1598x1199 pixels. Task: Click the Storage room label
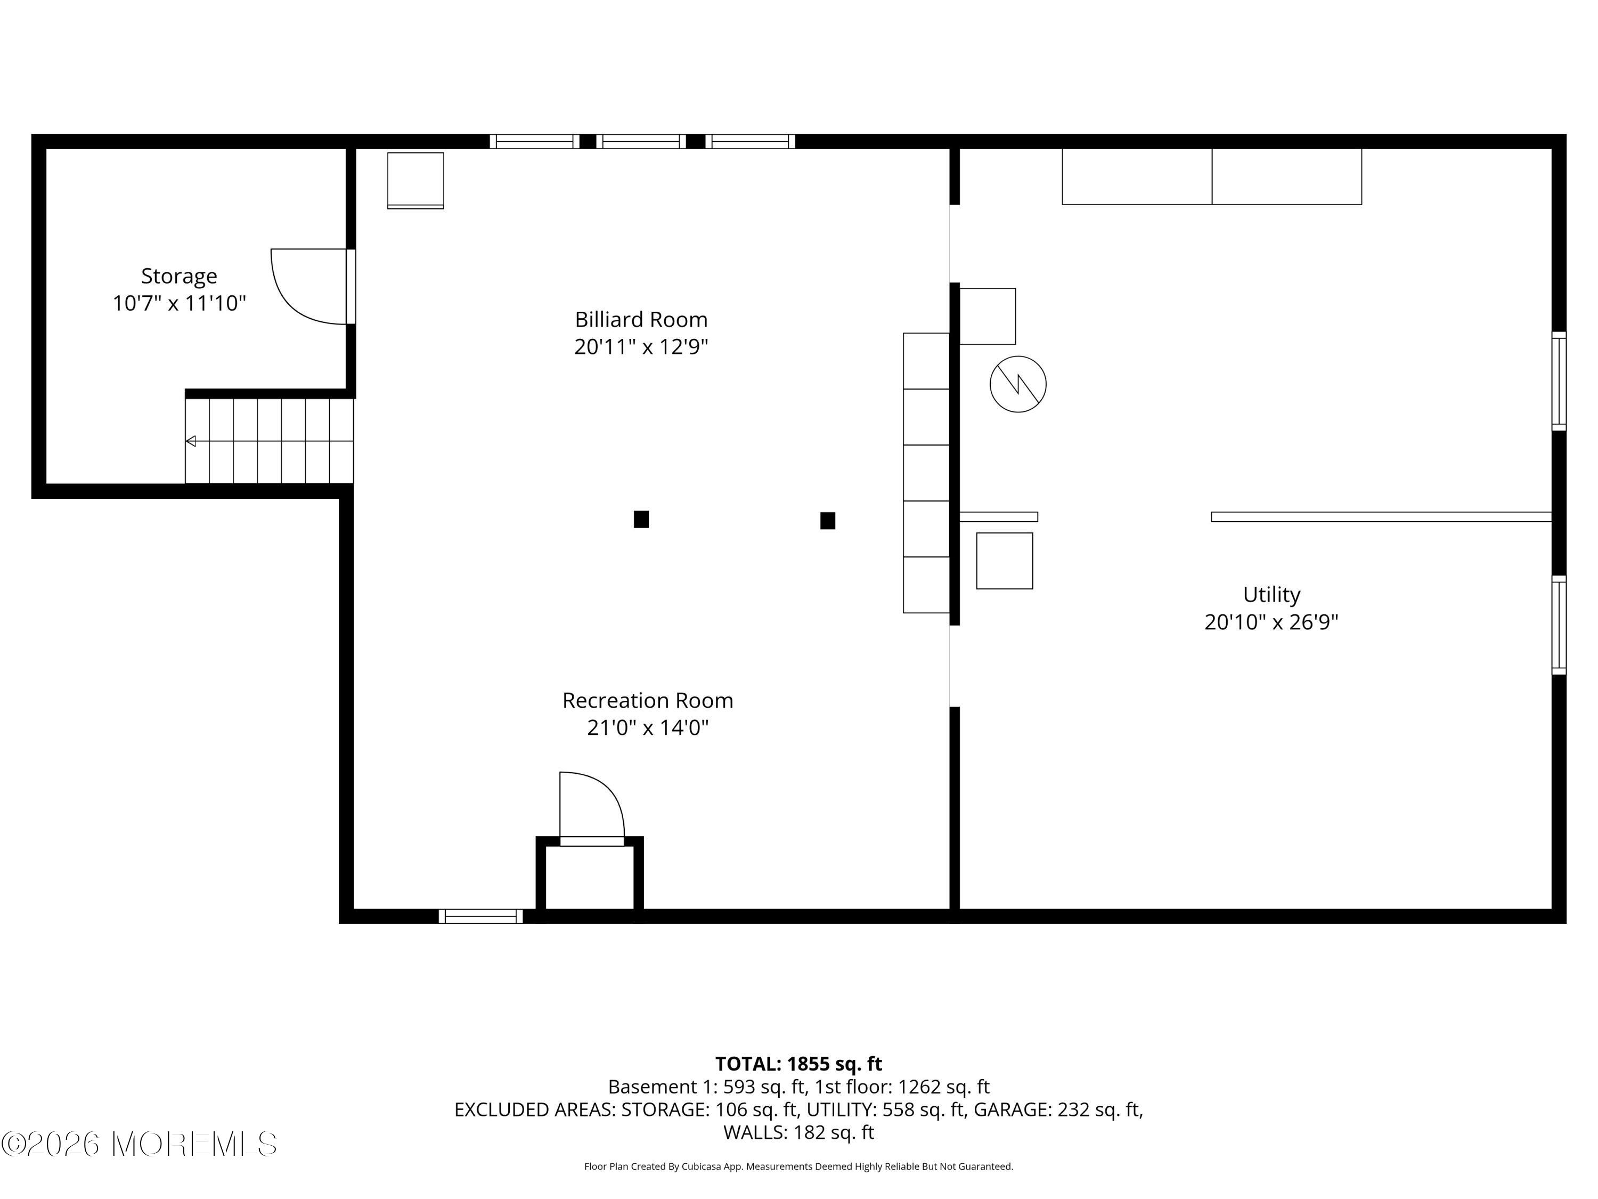(x=178, y=276)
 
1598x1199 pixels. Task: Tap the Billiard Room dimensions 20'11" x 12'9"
(x=641, y=347)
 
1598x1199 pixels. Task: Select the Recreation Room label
(x=647, y=700)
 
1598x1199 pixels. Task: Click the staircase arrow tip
(x=190, y=441)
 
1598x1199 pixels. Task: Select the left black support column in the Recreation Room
(x=641, y=519)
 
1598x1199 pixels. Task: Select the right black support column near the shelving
(x=827, y=520)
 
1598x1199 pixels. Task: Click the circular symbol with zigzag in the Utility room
(x=1017, y=385)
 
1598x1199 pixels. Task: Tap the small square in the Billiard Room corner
(x=415, y=180)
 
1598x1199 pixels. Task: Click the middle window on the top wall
(x=641, y=142)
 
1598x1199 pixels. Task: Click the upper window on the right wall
(x=1559, y=381)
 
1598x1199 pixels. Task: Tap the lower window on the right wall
(x=1559, y=625)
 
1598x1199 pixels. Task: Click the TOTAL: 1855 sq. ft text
(x=798, y=1064)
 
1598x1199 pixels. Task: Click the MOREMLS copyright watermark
(x=138, y=1144)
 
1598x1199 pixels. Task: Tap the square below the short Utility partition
(x=1004, y=561)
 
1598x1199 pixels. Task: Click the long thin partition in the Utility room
(x=1381, y=517)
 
